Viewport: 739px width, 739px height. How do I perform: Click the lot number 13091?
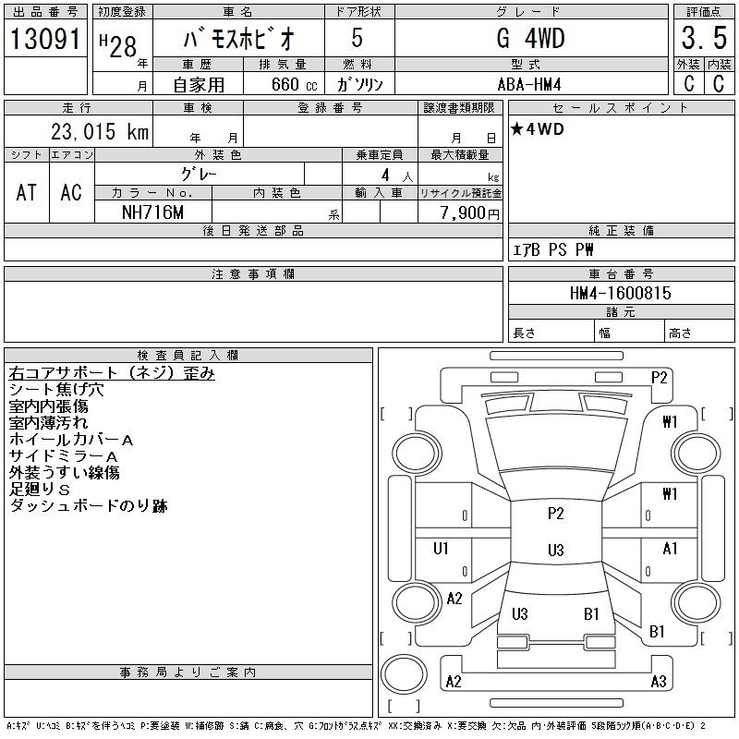45,39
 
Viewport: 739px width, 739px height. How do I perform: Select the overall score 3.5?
704,38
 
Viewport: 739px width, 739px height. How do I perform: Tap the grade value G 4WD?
530,38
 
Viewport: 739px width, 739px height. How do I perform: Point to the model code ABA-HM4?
529,84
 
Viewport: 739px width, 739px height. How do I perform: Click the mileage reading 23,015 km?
100,131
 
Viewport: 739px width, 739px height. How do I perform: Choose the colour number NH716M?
152,212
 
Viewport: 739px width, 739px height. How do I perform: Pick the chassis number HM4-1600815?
620,293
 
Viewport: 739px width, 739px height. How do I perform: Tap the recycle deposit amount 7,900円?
469,213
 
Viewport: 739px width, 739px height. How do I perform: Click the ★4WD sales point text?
538,129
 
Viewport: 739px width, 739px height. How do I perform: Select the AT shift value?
27,193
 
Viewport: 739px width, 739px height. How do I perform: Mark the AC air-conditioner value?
71,193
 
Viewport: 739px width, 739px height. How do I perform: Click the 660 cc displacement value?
294,84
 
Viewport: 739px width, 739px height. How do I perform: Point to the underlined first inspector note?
112,373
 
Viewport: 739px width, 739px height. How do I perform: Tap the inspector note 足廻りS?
40,490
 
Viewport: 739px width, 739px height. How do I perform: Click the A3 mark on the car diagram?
659,682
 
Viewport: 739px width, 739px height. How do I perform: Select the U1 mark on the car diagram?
441,548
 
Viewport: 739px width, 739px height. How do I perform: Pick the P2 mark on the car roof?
556,513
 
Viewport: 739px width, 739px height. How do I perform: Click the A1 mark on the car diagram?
670,548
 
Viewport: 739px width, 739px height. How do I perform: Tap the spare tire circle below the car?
404,674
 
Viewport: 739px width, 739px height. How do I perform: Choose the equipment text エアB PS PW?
552,249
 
